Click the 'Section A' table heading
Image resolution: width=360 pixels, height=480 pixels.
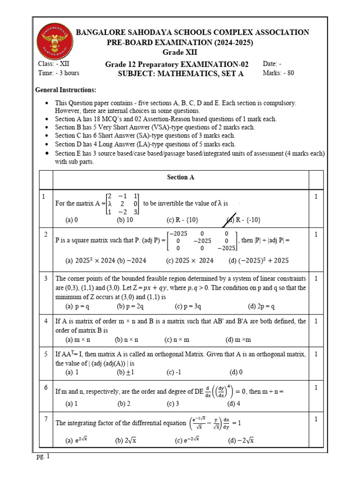(180, 178)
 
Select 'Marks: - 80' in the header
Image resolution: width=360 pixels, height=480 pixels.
(278, 73)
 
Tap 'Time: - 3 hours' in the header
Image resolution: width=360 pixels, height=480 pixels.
(59, 73)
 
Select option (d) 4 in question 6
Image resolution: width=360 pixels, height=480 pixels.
(234, 404)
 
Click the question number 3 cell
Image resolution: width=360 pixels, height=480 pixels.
(46, 279)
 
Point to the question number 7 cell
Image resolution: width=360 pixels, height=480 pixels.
(46, 419)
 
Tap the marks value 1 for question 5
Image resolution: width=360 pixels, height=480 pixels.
(316, 355)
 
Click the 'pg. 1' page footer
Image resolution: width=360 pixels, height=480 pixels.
(43, 457)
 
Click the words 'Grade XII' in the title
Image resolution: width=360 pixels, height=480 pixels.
(180, 52)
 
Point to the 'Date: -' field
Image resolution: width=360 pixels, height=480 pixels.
(272, 64)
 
